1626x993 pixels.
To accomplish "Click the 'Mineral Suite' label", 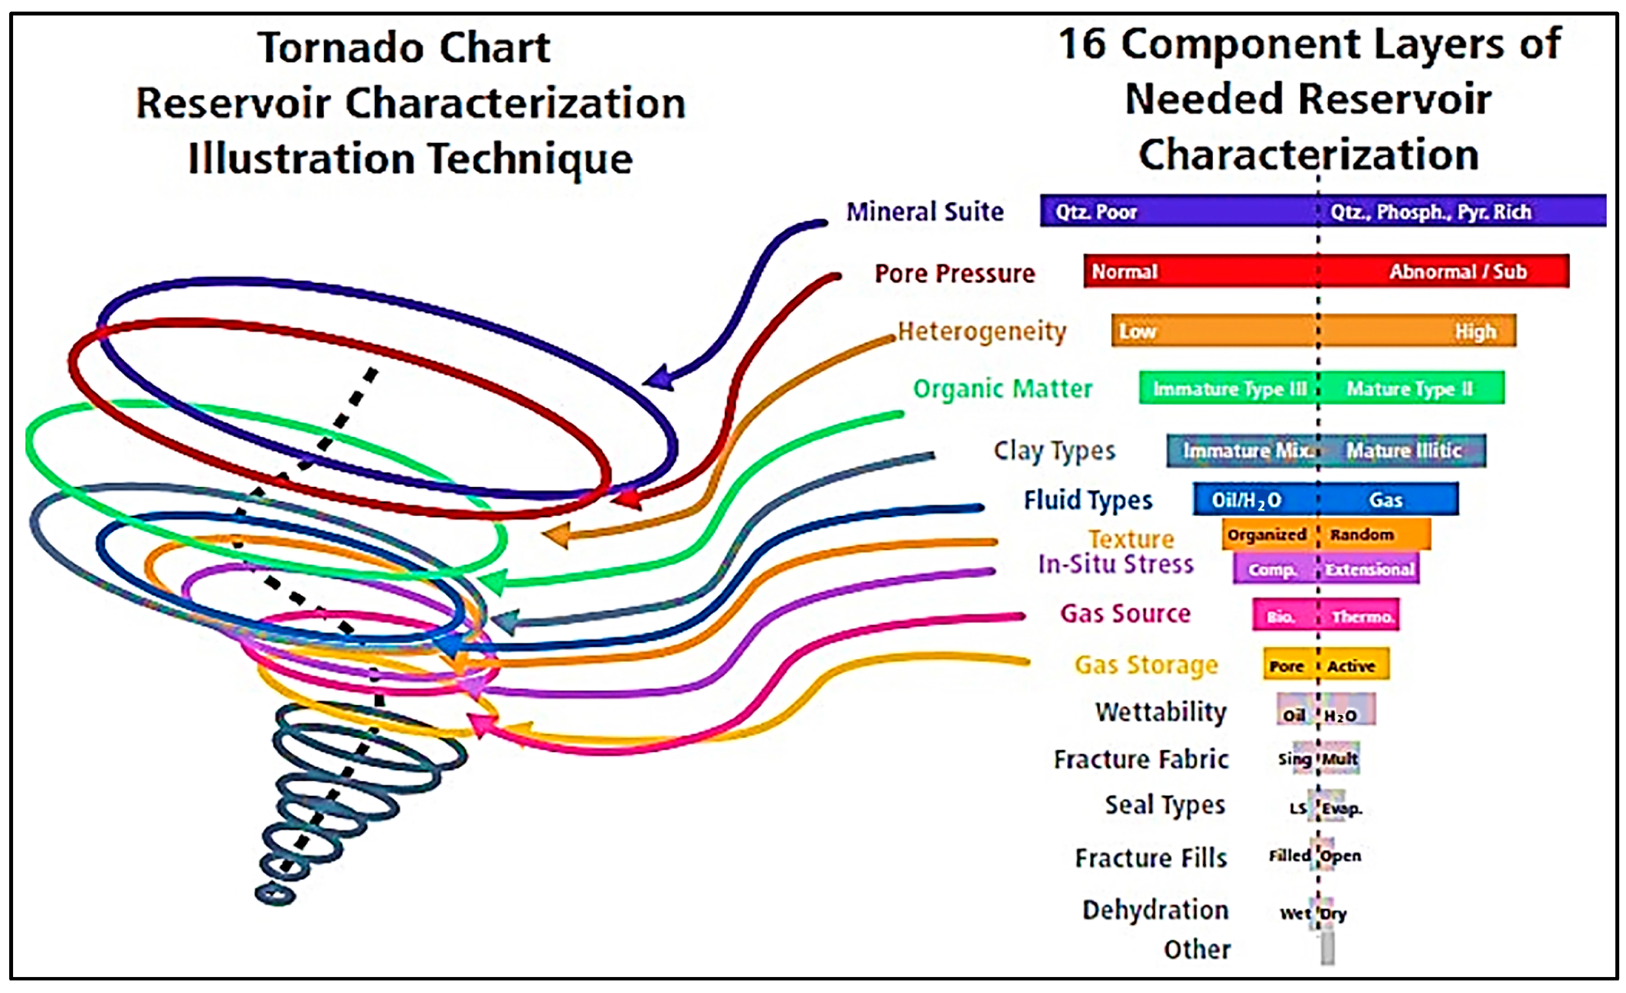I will tap(925, 212).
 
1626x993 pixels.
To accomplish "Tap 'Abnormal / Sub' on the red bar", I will tap(1458, 271).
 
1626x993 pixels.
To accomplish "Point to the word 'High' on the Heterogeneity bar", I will tap(1476, 331).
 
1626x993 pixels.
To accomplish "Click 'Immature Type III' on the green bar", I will tap(1229, 388).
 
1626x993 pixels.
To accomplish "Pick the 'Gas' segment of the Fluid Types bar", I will tap(1385, 500).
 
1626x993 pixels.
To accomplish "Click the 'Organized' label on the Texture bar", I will tap(1267, 534).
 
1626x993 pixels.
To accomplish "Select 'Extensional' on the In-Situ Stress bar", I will tap(1369, 569).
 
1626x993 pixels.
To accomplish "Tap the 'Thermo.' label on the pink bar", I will tap(1362, 616).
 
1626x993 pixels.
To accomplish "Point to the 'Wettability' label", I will tap(1161, 712).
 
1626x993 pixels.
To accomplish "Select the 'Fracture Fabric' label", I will tap(1141, 759).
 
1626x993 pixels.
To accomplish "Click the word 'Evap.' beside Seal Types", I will tap(1342, 808).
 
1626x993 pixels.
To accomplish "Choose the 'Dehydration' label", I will tap(1155, 910).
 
